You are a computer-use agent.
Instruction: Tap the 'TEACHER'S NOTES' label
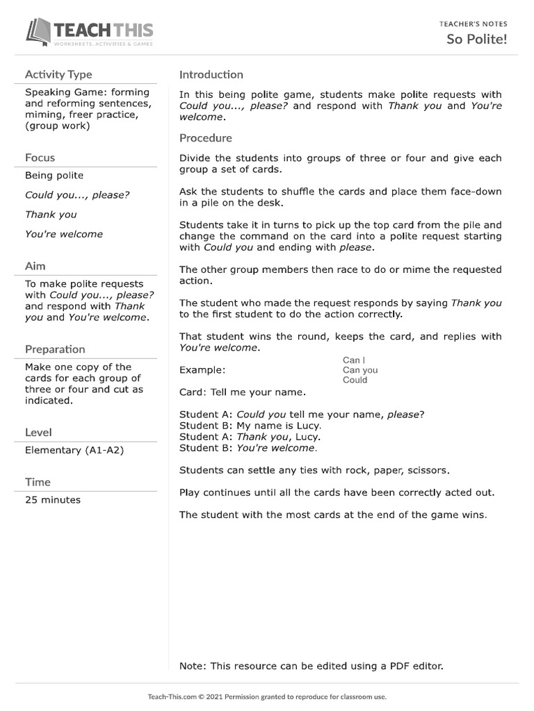473,24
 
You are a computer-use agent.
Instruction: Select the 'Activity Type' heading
58,74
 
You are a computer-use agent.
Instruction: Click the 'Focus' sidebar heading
40,158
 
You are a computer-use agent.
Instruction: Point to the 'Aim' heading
35,266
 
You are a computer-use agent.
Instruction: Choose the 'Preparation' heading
55,349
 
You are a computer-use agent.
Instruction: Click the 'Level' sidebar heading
38,433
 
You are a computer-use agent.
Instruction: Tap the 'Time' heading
38,482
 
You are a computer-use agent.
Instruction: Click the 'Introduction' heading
211,74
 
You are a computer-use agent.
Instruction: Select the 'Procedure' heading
206,137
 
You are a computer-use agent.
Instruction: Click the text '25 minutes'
53,500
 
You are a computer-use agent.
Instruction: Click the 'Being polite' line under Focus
54,176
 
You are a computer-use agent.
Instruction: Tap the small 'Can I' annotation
352,360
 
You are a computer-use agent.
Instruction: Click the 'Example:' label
202,370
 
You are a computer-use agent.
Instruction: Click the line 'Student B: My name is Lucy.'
250,426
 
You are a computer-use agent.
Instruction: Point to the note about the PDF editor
311,666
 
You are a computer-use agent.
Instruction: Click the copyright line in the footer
267,696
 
